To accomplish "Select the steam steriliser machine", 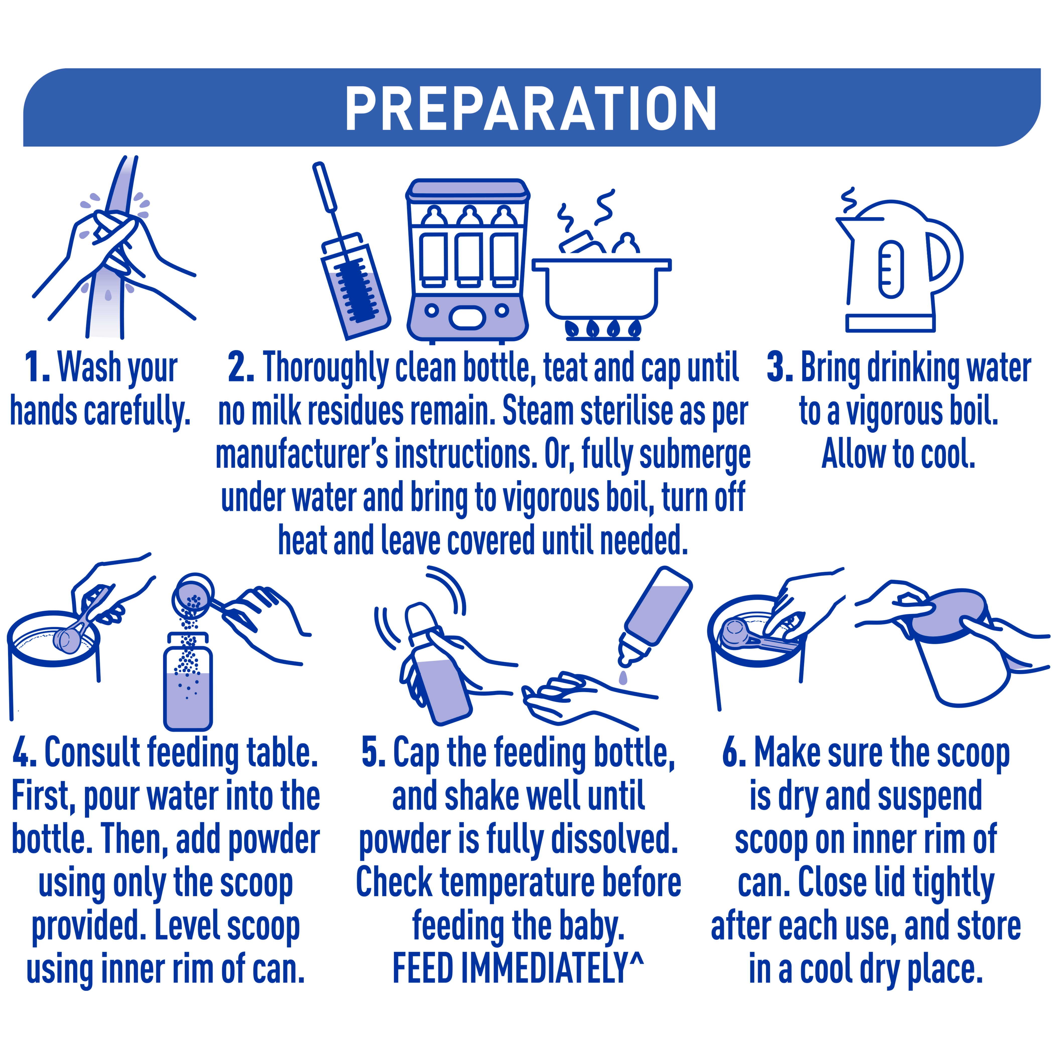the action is [468, 261].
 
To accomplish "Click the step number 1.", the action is [37, 367].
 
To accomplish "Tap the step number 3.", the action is [780, 367].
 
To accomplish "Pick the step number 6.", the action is [734, 752].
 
